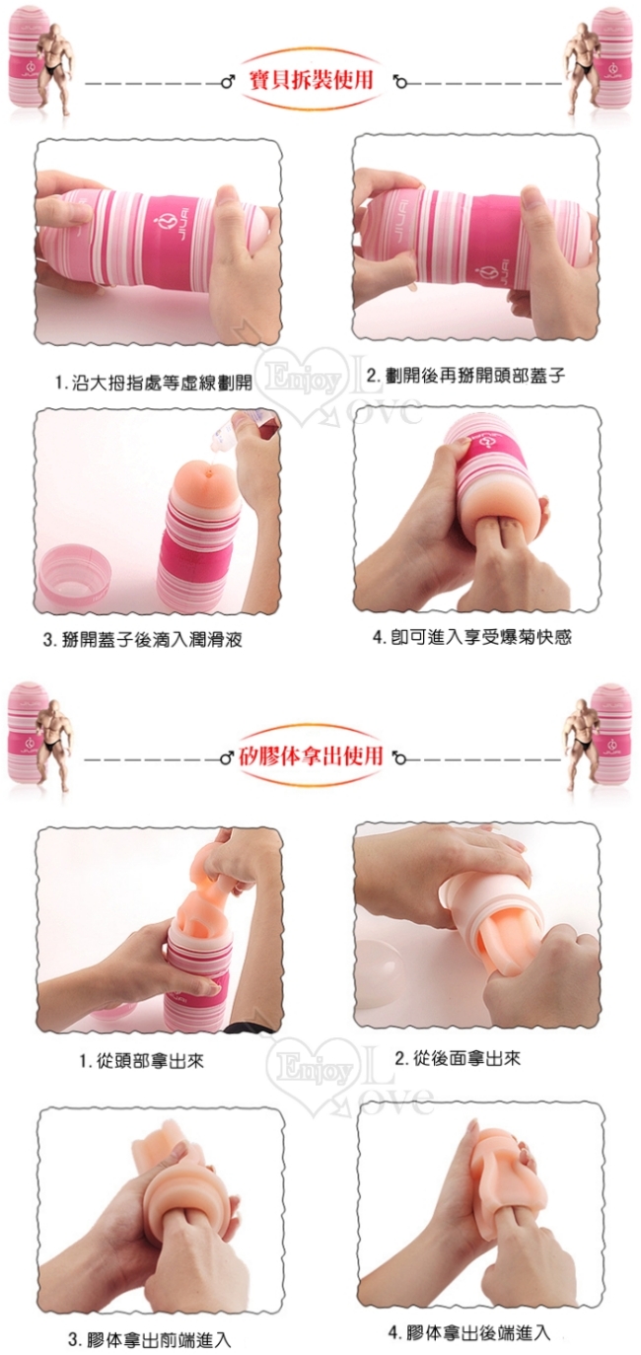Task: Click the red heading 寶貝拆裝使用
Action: [311, 80]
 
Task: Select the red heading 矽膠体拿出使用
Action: [311, 756]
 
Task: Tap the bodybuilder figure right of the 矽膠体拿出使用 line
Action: [585, 743]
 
